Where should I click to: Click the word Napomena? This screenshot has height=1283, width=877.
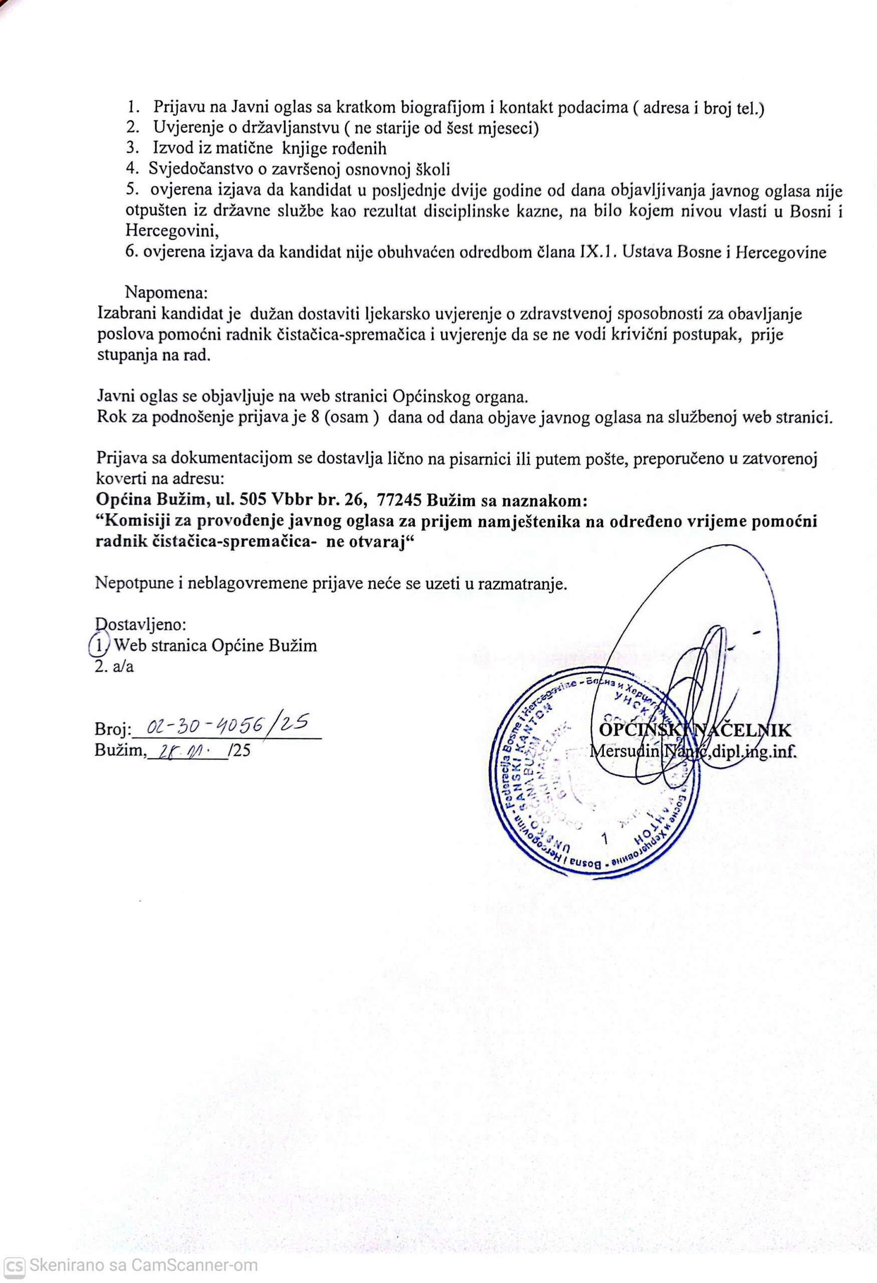(x=165, y=291)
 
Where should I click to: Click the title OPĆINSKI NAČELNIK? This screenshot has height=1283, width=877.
(x=694, y=730)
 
